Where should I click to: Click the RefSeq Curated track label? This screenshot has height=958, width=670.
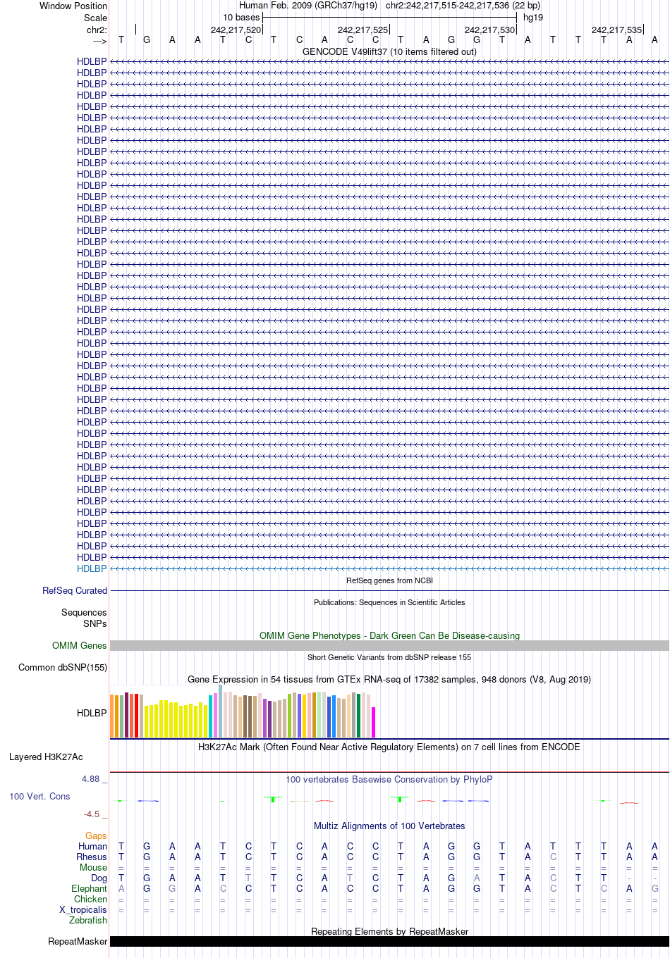75,590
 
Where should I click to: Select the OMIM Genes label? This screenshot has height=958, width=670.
79,645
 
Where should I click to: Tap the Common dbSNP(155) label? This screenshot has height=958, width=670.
63,668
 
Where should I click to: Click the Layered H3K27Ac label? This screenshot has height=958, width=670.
46,757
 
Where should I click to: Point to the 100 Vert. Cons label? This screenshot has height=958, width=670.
39,796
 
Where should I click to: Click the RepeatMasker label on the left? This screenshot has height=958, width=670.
78,941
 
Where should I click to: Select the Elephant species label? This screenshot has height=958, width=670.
89,889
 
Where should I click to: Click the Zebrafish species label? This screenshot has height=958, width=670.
87,921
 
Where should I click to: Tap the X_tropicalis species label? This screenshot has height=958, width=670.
83,909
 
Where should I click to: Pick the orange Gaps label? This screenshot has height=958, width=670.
96,835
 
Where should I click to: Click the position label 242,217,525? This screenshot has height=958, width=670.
363,30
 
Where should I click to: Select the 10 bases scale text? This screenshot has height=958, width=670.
241,18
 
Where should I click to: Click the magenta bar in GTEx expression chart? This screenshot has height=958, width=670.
373,722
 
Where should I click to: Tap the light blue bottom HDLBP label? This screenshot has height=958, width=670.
92,569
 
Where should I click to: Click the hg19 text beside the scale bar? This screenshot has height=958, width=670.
533,18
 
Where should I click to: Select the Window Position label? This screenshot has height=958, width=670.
73,6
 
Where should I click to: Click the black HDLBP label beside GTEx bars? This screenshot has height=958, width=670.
92,713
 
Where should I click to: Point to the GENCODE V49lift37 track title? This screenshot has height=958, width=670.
389,51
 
